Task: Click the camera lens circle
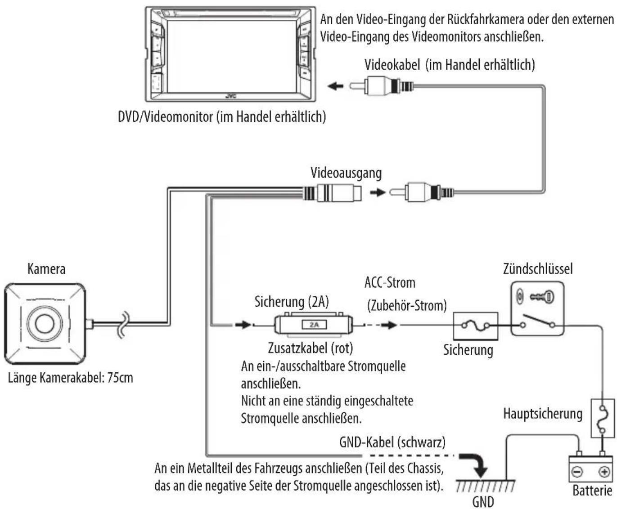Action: (x=44, y=324)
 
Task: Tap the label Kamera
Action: (x=46, y=269)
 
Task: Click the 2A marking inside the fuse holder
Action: (x=314, y=325)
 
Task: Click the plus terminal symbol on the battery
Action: (x=603, y=472)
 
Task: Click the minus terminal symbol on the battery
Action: (x=577, y=472)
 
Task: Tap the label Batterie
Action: (x=592, y=491)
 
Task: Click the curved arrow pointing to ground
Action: (x=474, y=464)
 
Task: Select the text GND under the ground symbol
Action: (x=483, y=502)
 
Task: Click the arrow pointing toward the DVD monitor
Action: (x=335, y=86)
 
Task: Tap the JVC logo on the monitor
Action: (x=231, y=96)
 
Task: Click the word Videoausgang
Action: (x=346, y=173)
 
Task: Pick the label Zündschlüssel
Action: (x=538, y=269)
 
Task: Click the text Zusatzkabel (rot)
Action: (x=311, y=348)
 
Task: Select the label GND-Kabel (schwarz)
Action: (x=392, y=442)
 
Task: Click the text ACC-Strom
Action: (x=390, y=282)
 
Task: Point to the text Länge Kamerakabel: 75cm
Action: (x=70, y=378)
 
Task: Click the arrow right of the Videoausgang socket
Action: (x=378, y=193)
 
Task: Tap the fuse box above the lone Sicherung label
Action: (x=475, y=326)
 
